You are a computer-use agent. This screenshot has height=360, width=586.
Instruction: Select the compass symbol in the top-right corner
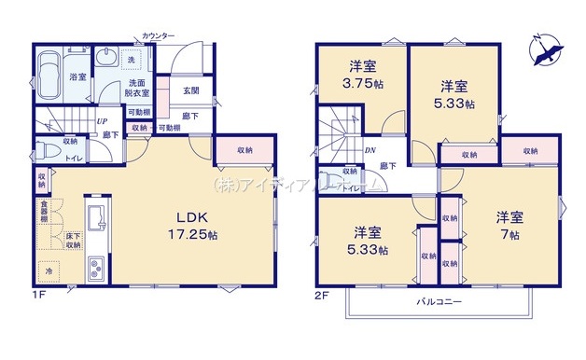[x=540, y=49]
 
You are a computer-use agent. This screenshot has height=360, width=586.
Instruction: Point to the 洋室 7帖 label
[x=509, y=223]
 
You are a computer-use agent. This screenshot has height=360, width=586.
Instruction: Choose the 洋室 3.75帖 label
[x=362, y=72]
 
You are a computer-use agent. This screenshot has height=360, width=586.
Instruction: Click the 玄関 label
[x=190, y=90]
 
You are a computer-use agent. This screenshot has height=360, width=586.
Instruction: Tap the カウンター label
[x=159, y=35]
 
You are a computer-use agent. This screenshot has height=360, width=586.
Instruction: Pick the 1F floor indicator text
[x=37, y=295]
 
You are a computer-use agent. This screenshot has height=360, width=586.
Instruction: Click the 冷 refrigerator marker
[x=49, y=271]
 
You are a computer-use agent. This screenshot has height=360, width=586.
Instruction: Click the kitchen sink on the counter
[x=94, y=219]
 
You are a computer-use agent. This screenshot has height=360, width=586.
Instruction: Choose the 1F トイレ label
[x=71, y=159]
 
